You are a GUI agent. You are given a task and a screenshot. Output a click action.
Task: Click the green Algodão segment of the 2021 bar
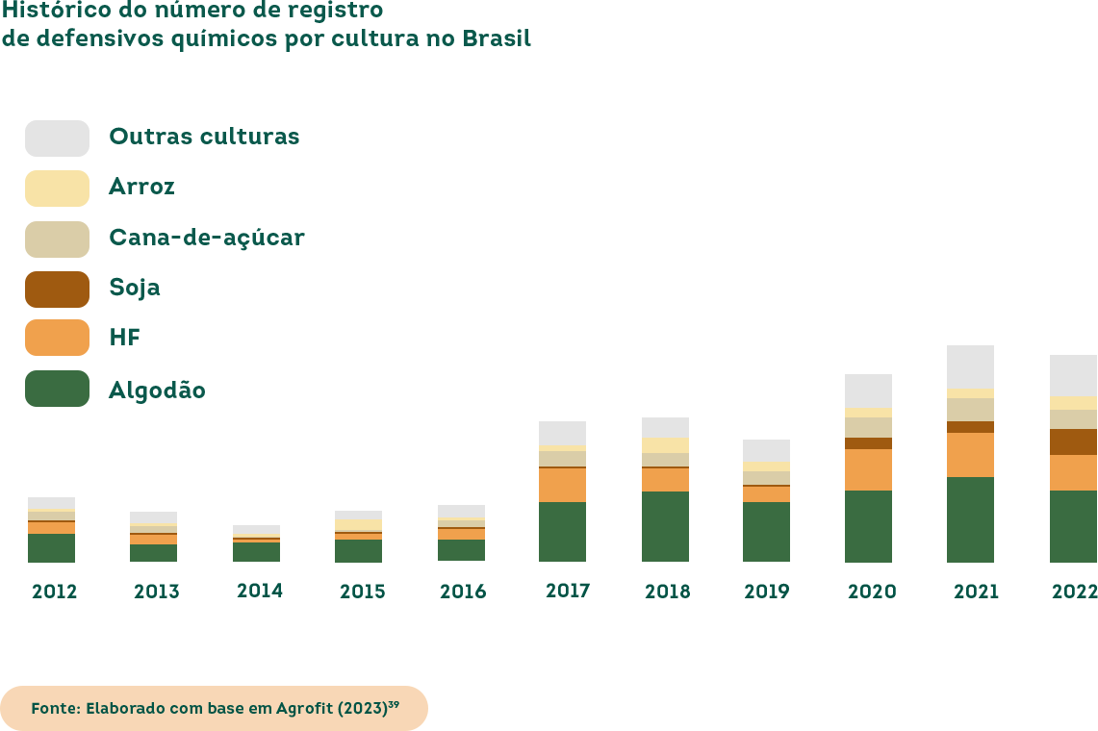point(970,519)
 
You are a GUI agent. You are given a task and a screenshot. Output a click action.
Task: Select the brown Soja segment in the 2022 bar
point(1073,441)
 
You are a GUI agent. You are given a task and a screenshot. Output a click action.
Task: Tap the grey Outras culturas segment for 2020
point(868,391)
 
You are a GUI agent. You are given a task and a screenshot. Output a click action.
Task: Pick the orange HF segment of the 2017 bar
point(562,485)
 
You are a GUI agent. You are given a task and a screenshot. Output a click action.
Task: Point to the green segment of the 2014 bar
point(256,552)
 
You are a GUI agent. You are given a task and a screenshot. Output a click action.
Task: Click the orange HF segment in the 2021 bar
point(970,455)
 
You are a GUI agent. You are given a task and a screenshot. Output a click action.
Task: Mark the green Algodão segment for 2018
point(665,526)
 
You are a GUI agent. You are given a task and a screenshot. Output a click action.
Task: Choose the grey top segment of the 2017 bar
point(562,433)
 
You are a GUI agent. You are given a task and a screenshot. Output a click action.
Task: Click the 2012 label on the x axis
point(54,592)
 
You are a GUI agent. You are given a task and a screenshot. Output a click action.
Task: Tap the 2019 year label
point(767,592)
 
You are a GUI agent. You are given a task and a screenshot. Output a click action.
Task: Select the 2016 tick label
point(463,592)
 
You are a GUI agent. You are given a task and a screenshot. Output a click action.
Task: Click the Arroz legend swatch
point(57,189)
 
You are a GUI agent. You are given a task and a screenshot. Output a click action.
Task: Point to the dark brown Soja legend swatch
point(57,289)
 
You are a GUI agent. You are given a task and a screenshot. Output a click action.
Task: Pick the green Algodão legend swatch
point(57,389)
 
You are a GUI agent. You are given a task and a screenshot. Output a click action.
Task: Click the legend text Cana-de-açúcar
point(207,238)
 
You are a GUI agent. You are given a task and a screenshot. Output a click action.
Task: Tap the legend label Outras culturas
point(204,137)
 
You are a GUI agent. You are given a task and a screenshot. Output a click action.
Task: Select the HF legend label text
point(125,338)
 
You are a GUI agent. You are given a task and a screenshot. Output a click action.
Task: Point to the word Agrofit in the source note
point(304,708)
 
